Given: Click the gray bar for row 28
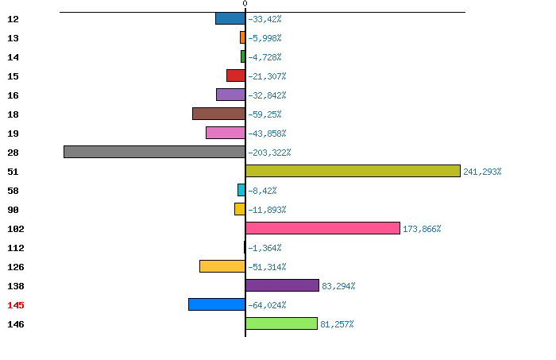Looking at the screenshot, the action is [x=155, y=152].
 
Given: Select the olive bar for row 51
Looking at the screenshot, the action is [x=353, y=171].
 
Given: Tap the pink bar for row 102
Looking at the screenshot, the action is [x=322, y=228].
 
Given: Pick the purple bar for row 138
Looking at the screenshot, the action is [x=282, y=285].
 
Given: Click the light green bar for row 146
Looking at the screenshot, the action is [x=281, y=323].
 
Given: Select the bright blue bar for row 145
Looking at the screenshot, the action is [x=217, y=304].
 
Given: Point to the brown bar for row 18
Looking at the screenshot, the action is [x=218, y=114].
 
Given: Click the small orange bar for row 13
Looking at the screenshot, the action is [x=242, y=37].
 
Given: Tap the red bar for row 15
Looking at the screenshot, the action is [x=236, y=75].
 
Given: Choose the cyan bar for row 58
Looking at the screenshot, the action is [x=241, y=190].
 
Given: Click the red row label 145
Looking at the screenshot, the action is [x=16, y=305].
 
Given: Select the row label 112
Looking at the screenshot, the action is [x=16, y=248].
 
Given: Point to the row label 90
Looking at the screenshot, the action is [x=14, y=210].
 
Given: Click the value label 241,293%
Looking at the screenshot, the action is [x=482, y=172].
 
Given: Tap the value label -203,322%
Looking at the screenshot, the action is [x=269, y=153].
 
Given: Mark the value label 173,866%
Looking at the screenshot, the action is [x=422, y=229].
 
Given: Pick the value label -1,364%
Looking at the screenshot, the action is [x=264, y=248].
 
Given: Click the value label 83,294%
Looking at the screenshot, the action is [x=338, y=286].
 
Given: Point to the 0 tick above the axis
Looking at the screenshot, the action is [x=245, y=3].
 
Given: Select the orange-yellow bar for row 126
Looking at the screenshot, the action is [x=222, y=266].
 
